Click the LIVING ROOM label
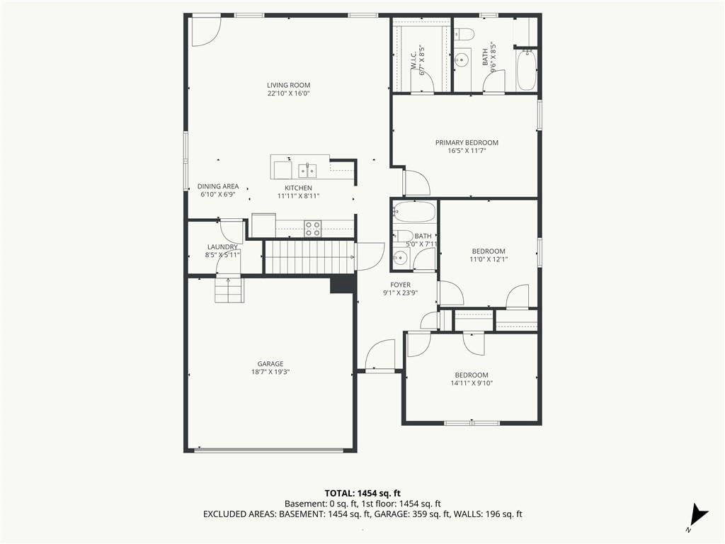(289, 85)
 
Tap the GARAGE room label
(270, 364)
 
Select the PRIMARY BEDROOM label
(467, 143)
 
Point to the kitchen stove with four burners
(313, 229)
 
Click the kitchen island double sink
(307, 170)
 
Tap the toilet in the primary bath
(464, 34)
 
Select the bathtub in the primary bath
(526, 70)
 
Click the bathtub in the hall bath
(414, 211)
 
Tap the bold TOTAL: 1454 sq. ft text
(359, 494)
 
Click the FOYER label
(401, 285)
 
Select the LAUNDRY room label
(222, 247)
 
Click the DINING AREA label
(218, 186)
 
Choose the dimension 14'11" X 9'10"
(472, 383)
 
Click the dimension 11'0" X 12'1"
(489, 259)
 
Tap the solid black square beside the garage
(343, 285)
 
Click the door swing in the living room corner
(207, 31)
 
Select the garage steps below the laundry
(229, 289)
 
